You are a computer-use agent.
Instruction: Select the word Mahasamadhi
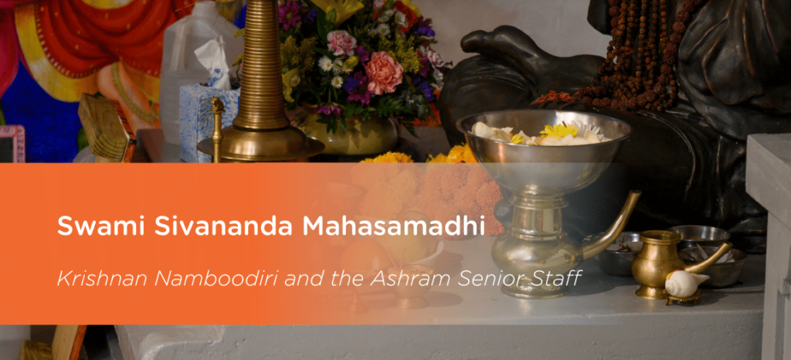(x=393, y=226)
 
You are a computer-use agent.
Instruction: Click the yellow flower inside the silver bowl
(x=558, y=131)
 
